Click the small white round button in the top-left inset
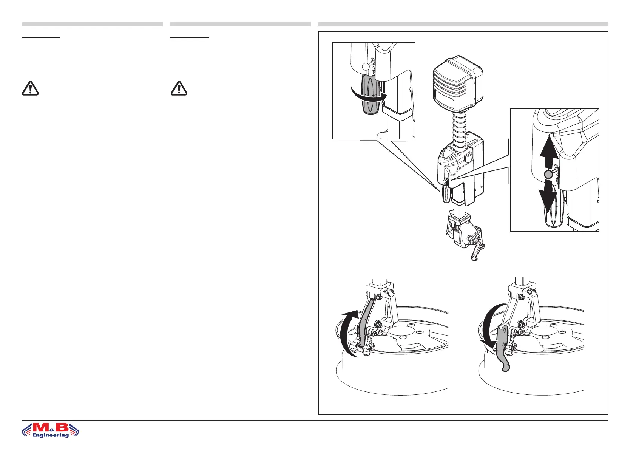[x=365, y=66]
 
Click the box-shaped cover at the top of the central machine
[x=457, y=85]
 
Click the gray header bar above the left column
[x=92, y=24]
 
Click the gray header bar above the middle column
[x=240, y=24]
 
